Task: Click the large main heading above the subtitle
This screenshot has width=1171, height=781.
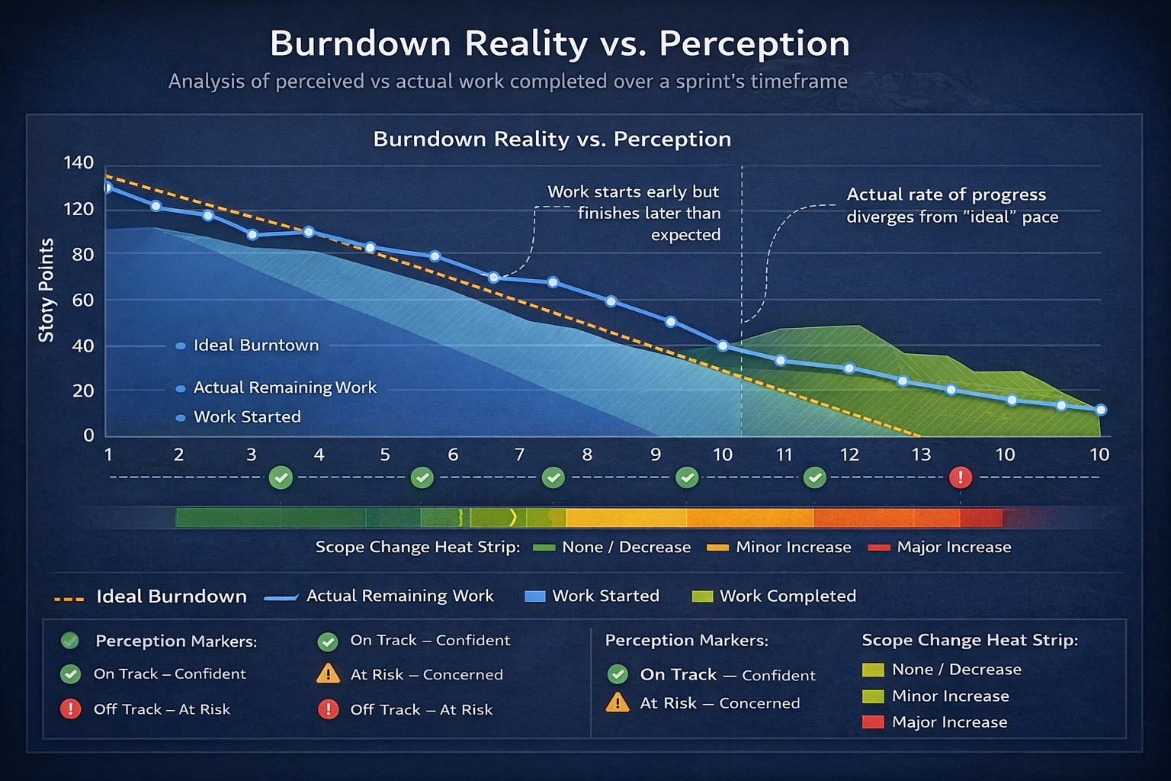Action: point(560,43)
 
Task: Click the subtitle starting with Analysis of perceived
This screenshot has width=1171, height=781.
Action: point(508,82)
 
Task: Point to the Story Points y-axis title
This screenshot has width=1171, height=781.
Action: point(47,290)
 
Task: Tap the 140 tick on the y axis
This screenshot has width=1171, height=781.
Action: point(79,162)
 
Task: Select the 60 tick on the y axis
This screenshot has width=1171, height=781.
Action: point(82,300)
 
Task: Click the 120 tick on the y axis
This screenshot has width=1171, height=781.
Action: point(79,209)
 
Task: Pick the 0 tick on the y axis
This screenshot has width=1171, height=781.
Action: point(88,435)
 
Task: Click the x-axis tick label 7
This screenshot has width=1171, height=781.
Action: point(519,455)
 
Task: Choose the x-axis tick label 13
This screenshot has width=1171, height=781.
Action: point(921,455)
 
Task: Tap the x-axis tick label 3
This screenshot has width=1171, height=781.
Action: point(251,455)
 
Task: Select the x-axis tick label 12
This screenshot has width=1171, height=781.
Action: point(849,455)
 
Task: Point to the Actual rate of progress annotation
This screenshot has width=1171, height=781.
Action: point(952,205)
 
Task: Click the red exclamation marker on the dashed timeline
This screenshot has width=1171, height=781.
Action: point(960,478)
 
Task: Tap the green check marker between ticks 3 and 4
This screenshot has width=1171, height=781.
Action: point(281,478)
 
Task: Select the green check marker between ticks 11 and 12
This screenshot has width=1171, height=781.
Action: point(815,478)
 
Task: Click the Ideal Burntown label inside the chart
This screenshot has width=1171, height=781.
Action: point(256,346)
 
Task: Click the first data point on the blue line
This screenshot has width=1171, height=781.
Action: point(107,188)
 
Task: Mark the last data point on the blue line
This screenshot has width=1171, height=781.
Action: point(1100,410)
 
